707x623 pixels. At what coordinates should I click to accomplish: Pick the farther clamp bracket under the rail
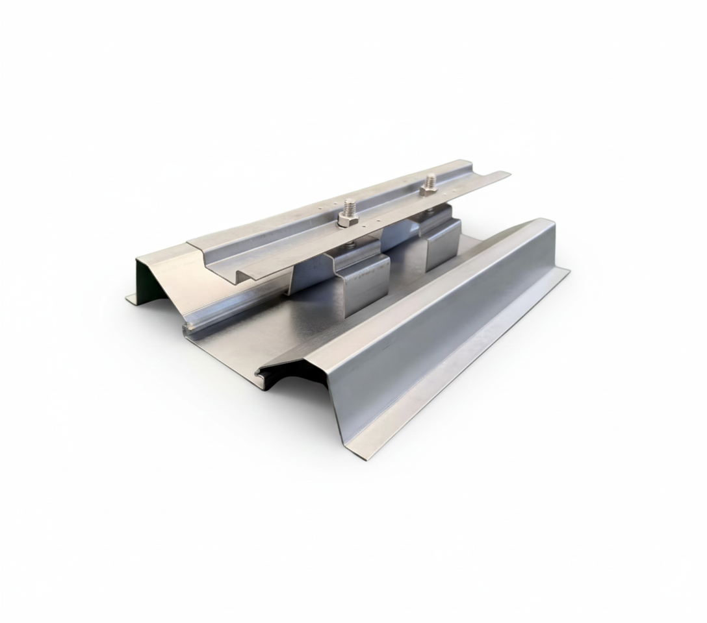pyautogui.click(x=442, y=240)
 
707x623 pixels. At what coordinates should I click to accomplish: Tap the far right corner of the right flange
pyautogui.click(x=568, y=272)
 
